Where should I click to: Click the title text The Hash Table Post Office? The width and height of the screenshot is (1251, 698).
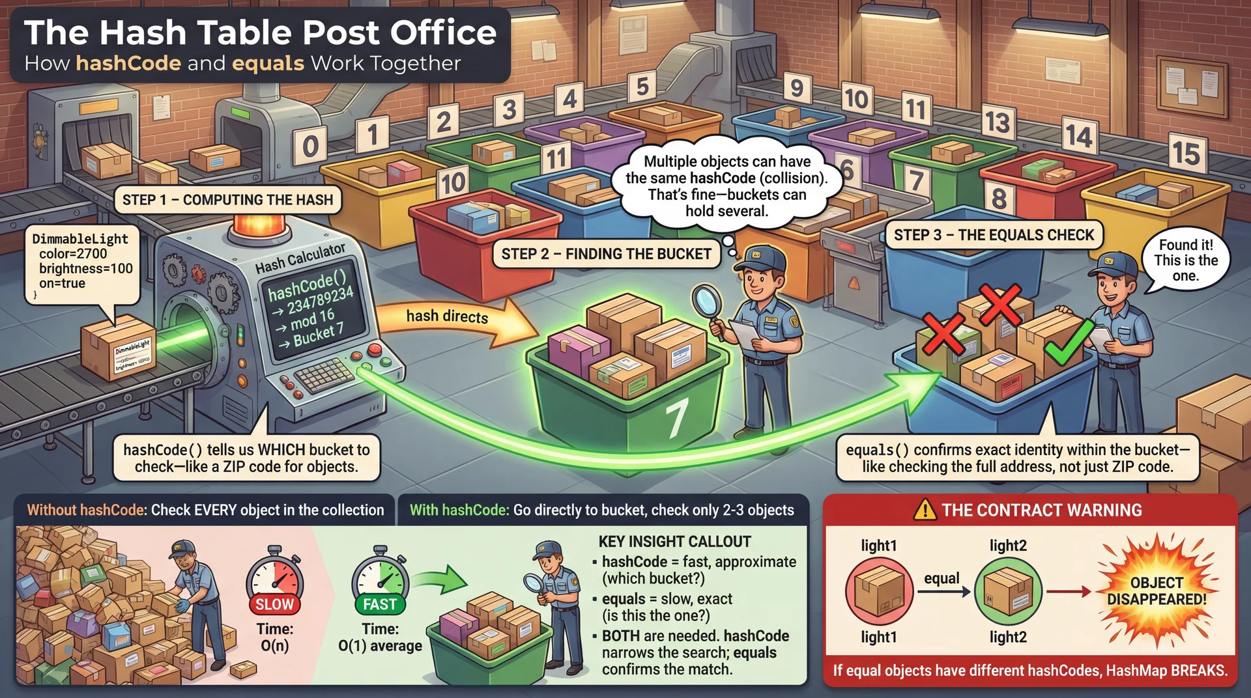pos(260,33)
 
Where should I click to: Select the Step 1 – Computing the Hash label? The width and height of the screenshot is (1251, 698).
pos(227,200)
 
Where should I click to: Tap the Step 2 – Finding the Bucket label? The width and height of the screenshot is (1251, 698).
pos(606,254)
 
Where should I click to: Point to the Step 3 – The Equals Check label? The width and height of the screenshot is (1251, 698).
pos(994,235)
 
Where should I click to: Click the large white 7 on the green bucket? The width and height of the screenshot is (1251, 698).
pos(676,418)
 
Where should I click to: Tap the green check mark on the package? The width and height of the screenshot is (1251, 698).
pos(1067,343)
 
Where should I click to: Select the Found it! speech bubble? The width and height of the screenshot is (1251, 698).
pos(1185,260)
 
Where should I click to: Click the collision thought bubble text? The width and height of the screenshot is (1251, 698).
pos(726,186)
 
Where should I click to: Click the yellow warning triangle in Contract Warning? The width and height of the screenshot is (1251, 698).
pos(925,510)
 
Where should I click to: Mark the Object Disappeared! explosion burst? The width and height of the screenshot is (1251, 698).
pos(1157,590)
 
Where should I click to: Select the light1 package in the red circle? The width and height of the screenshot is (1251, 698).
pos(878,591)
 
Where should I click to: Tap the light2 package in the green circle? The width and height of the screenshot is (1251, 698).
pos(1007,591)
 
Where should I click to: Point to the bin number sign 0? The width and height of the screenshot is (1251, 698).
pos(310,146)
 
